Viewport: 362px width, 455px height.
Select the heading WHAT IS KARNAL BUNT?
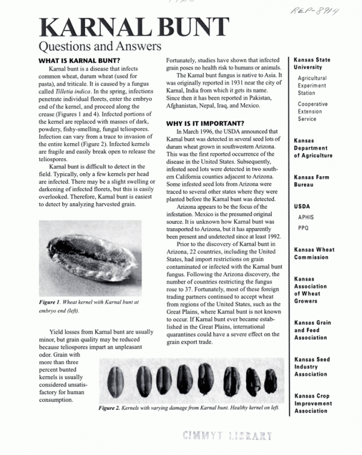point(78,61)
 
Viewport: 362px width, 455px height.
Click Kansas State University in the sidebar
point(312,64)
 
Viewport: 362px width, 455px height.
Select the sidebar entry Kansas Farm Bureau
point(313,181)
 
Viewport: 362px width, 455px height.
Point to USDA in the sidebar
point(302,206)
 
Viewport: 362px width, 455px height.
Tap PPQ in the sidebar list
point(303,228)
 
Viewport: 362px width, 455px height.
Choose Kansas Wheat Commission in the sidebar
point(314,253)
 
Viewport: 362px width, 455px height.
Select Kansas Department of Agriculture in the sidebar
point(313,148)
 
